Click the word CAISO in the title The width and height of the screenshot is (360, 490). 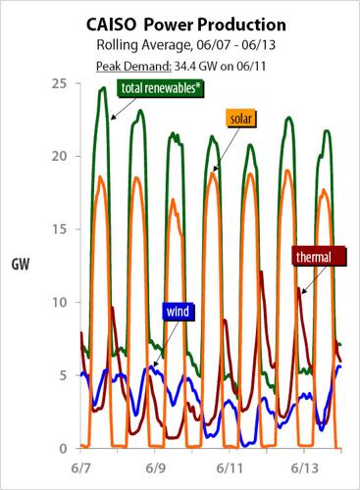(107, 24)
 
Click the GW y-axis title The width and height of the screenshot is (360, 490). (21, 265)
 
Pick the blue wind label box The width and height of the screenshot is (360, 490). (175, 312)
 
